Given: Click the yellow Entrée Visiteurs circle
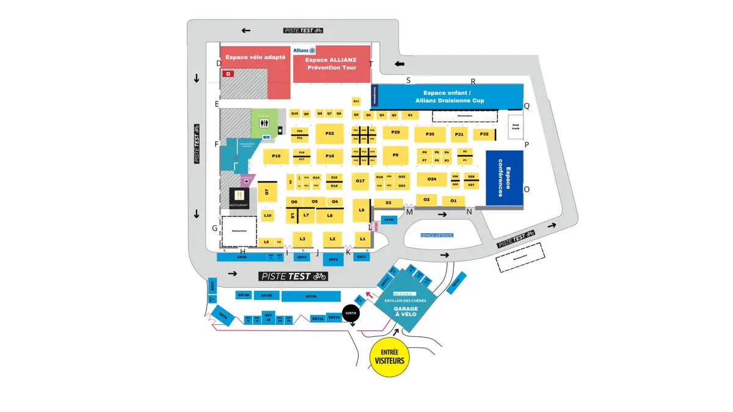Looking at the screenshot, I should pos(390,356).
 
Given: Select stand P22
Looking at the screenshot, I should pos(330,134).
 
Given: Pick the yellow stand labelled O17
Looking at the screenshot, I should pos(360,181).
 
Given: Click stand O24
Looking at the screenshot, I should pos(432,179).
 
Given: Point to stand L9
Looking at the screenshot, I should pos(362,211).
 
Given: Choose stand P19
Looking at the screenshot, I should pos(276,156).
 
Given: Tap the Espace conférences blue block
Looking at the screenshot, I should pos(504,178).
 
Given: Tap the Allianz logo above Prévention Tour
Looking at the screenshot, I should pos(304,51).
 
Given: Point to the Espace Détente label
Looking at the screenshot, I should pos(437,235).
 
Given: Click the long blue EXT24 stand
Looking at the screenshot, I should pos(311,297).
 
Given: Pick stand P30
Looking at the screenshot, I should pos(430,134).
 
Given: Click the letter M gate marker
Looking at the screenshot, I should pos(410,212).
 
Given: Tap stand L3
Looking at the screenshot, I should pos(302,238).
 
